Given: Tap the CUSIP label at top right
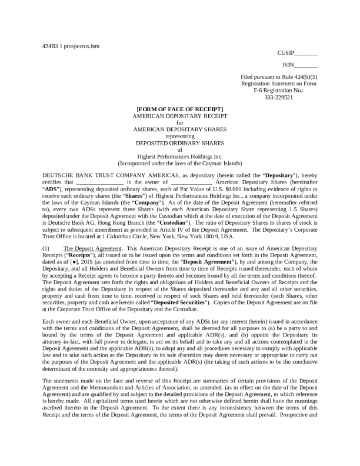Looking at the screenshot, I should [285, 52].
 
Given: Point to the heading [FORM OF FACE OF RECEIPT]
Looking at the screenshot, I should [179, 109].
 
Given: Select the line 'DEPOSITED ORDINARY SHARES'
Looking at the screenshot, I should [179, 142].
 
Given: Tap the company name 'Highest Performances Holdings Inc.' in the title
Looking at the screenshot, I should [179, 157].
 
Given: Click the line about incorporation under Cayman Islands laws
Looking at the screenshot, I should [179, 163].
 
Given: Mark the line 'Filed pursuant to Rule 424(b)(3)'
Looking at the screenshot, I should [278, 78].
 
